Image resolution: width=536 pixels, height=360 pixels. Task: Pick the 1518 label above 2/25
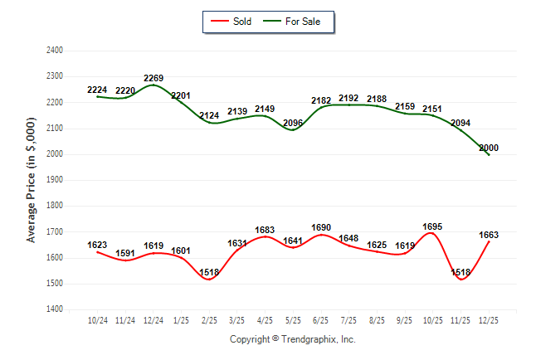coord(210,272)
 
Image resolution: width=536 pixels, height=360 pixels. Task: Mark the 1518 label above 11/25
coord(461,272)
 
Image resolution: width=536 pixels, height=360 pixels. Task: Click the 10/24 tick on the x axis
coord(98,319)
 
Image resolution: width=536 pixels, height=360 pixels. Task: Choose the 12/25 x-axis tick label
coord(490,319)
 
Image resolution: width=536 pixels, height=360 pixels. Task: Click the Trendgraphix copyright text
coord(292,339)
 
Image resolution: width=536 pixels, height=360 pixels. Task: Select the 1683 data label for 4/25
coord(266,230)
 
